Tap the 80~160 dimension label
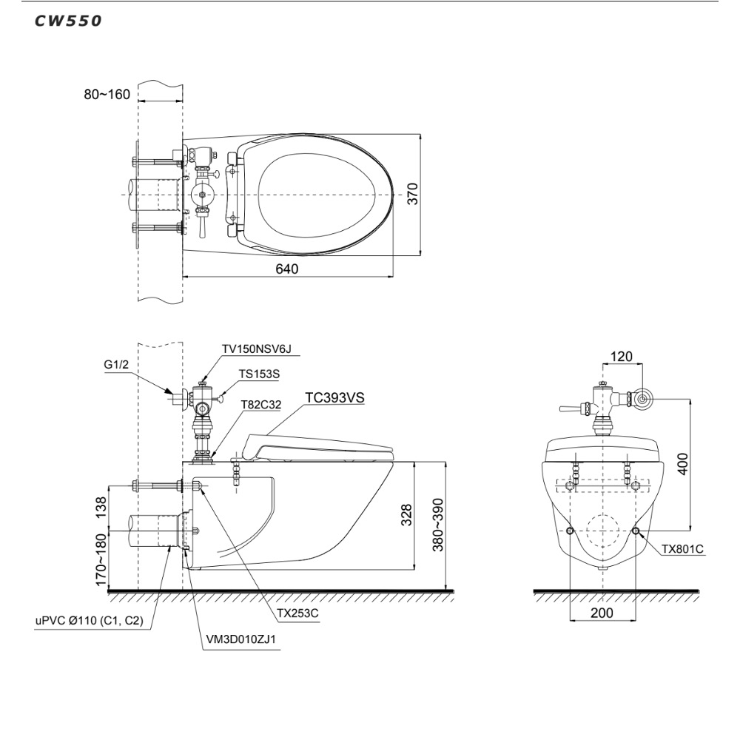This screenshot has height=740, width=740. coord(107,95)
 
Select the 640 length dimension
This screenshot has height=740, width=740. coord(287,269)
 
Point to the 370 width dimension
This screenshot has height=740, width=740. coord(413,195)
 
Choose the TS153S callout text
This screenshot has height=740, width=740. coord(258,374)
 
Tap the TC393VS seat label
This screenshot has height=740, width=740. coord(335,397)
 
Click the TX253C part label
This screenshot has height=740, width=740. coord(297,613)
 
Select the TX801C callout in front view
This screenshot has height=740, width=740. coord(682,549)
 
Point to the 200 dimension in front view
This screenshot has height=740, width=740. coord(602,613)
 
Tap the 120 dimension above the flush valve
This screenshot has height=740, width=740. coord(621,357)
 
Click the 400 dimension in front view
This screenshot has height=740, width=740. coord(683,464)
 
